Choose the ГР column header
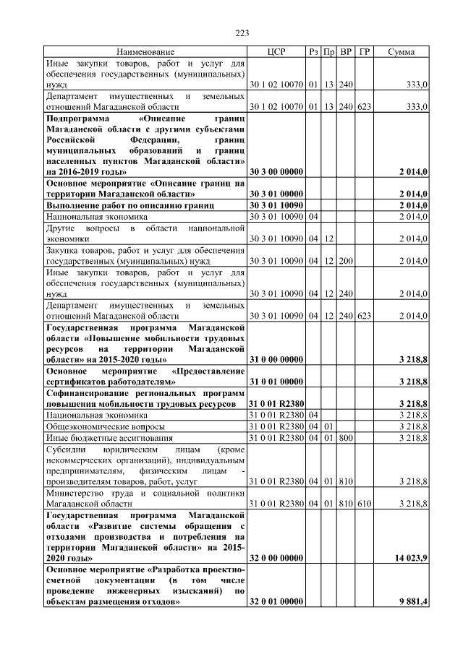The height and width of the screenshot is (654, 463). (365, 53)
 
